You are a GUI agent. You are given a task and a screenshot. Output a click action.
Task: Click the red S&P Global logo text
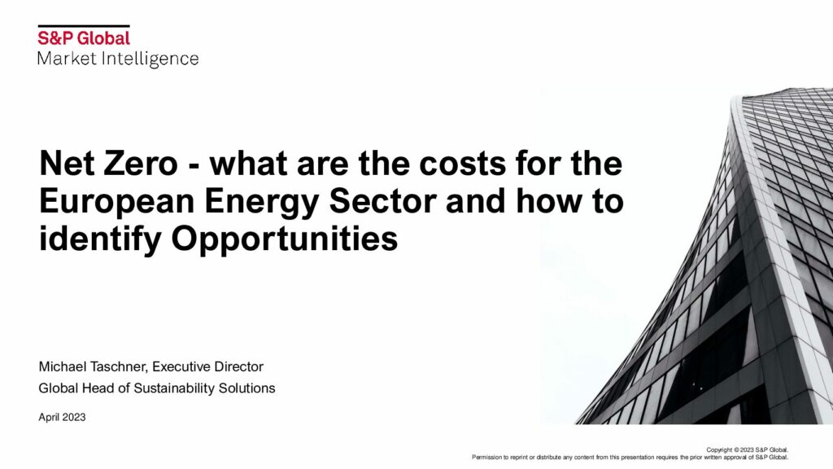[x=84, y=38]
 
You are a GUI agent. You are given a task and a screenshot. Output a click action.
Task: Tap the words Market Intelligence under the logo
[x=118, y=59]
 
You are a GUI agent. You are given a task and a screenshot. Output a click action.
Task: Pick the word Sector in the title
[x=382, y=202]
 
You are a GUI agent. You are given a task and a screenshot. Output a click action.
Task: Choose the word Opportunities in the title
[x=284, y=240]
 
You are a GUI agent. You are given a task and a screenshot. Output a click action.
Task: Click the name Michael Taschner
[x=94, y=367]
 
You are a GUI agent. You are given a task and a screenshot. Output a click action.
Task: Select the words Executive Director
[x=207, y=367]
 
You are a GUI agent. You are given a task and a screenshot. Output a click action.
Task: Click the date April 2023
[x=62, y=418]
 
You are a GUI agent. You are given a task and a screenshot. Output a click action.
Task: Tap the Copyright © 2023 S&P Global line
[x=748, y=449]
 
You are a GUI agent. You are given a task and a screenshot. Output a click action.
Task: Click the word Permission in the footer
[x=486, y=457]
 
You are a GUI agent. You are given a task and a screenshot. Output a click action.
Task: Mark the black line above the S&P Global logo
[x=84, y=25]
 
